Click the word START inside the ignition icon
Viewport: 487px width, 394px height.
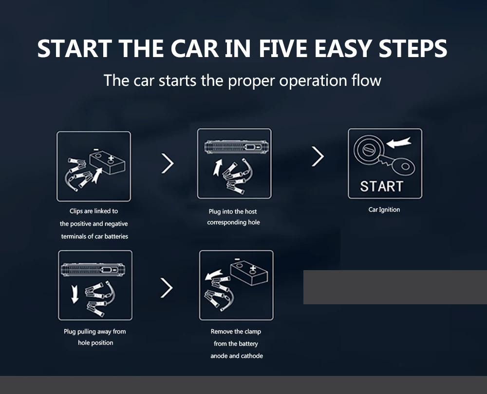[x=382, y=186]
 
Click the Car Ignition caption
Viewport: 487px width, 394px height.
[x=384, y=210]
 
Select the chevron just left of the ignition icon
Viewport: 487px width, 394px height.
[x=318, y=157]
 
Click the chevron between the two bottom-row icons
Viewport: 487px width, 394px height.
[x=167, y=289]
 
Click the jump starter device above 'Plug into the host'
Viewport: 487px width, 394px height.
[x=234, y=146]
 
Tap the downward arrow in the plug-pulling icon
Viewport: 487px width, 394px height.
[x=75, y=294]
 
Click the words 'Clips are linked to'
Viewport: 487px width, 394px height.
[x=94, y=211]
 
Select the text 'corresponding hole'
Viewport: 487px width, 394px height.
[x=234, y=222]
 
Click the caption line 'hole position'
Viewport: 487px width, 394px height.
[x=95, y=343]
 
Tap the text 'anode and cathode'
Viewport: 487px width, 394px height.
[x=237, y=356]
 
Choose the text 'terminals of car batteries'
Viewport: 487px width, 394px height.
[x=94, y=236]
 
